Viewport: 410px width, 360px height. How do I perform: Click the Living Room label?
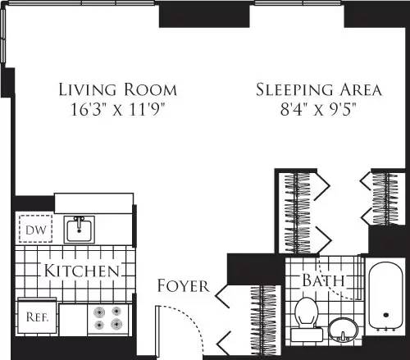117,89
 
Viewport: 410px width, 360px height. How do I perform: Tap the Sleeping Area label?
308,89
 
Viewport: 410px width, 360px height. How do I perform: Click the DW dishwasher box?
34,230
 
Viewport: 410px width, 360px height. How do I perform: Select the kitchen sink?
80,229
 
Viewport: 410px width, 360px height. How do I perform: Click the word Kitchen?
82,270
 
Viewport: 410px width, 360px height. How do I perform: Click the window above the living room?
83,3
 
